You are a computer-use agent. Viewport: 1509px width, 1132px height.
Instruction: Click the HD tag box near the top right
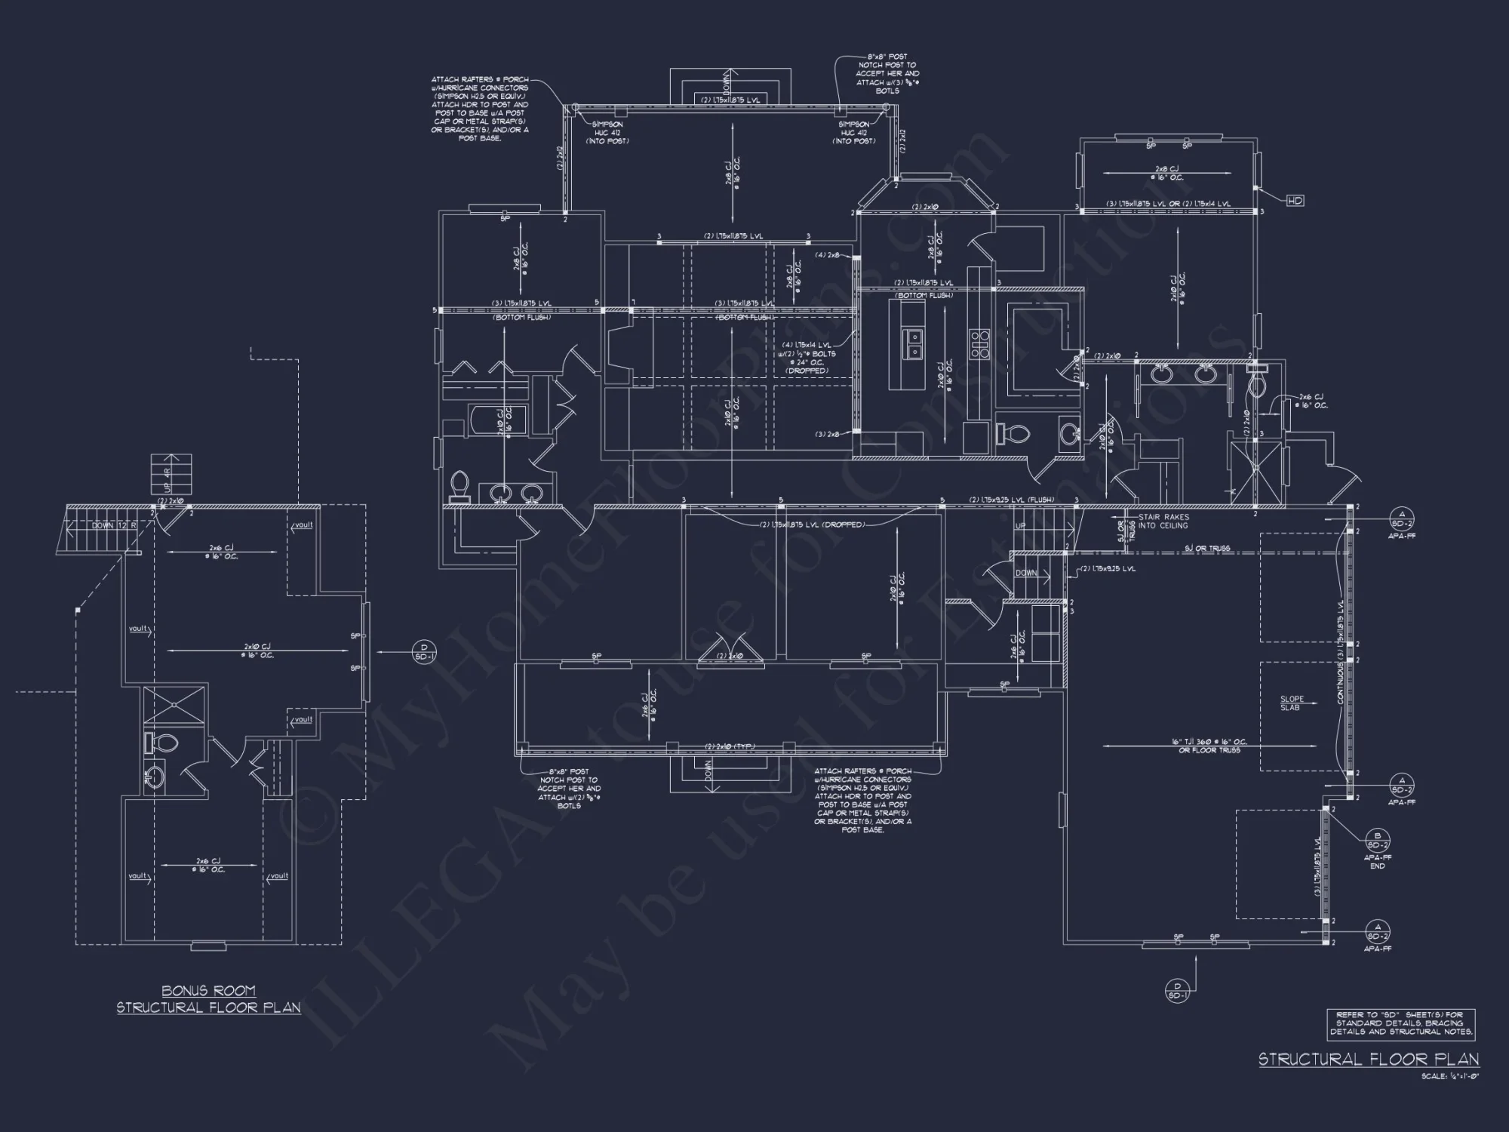pos(1295,201)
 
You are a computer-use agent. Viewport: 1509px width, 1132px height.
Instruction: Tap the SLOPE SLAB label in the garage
pos(1292,703)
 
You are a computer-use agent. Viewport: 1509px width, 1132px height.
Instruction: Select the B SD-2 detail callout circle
pos(1378,841)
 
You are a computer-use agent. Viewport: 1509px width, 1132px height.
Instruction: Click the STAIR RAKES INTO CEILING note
pos(1163,521)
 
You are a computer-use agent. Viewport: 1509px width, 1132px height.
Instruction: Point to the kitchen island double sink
pos(914,343)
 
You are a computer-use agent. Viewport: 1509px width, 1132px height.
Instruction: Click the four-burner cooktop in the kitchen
pos(979,343)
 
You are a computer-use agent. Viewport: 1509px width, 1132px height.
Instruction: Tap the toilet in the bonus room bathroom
pos(160,743)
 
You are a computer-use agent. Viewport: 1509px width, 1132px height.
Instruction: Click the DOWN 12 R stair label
pos(113,525)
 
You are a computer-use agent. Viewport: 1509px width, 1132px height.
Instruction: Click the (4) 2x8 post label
pos(827,255)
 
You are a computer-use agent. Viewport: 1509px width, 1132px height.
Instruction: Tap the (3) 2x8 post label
pos(827,434)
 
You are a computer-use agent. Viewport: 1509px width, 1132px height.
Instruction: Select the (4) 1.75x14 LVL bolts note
pos(809,358)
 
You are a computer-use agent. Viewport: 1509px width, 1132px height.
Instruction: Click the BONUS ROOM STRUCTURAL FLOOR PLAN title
pos(208,999)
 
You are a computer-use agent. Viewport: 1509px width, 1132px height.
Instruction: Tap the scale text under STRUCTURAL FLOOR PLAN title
pos(1449,1076)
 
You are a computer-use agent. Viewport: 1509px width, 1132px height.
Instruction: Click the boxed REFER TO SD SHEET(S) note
pos(1401,1023)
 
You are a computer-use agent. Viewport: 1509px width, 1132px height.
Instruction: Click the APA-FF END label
pos(1378,862)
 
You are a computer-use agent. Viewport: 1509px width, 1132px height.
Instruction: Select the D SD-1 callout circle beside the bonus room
pos(424,651)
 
